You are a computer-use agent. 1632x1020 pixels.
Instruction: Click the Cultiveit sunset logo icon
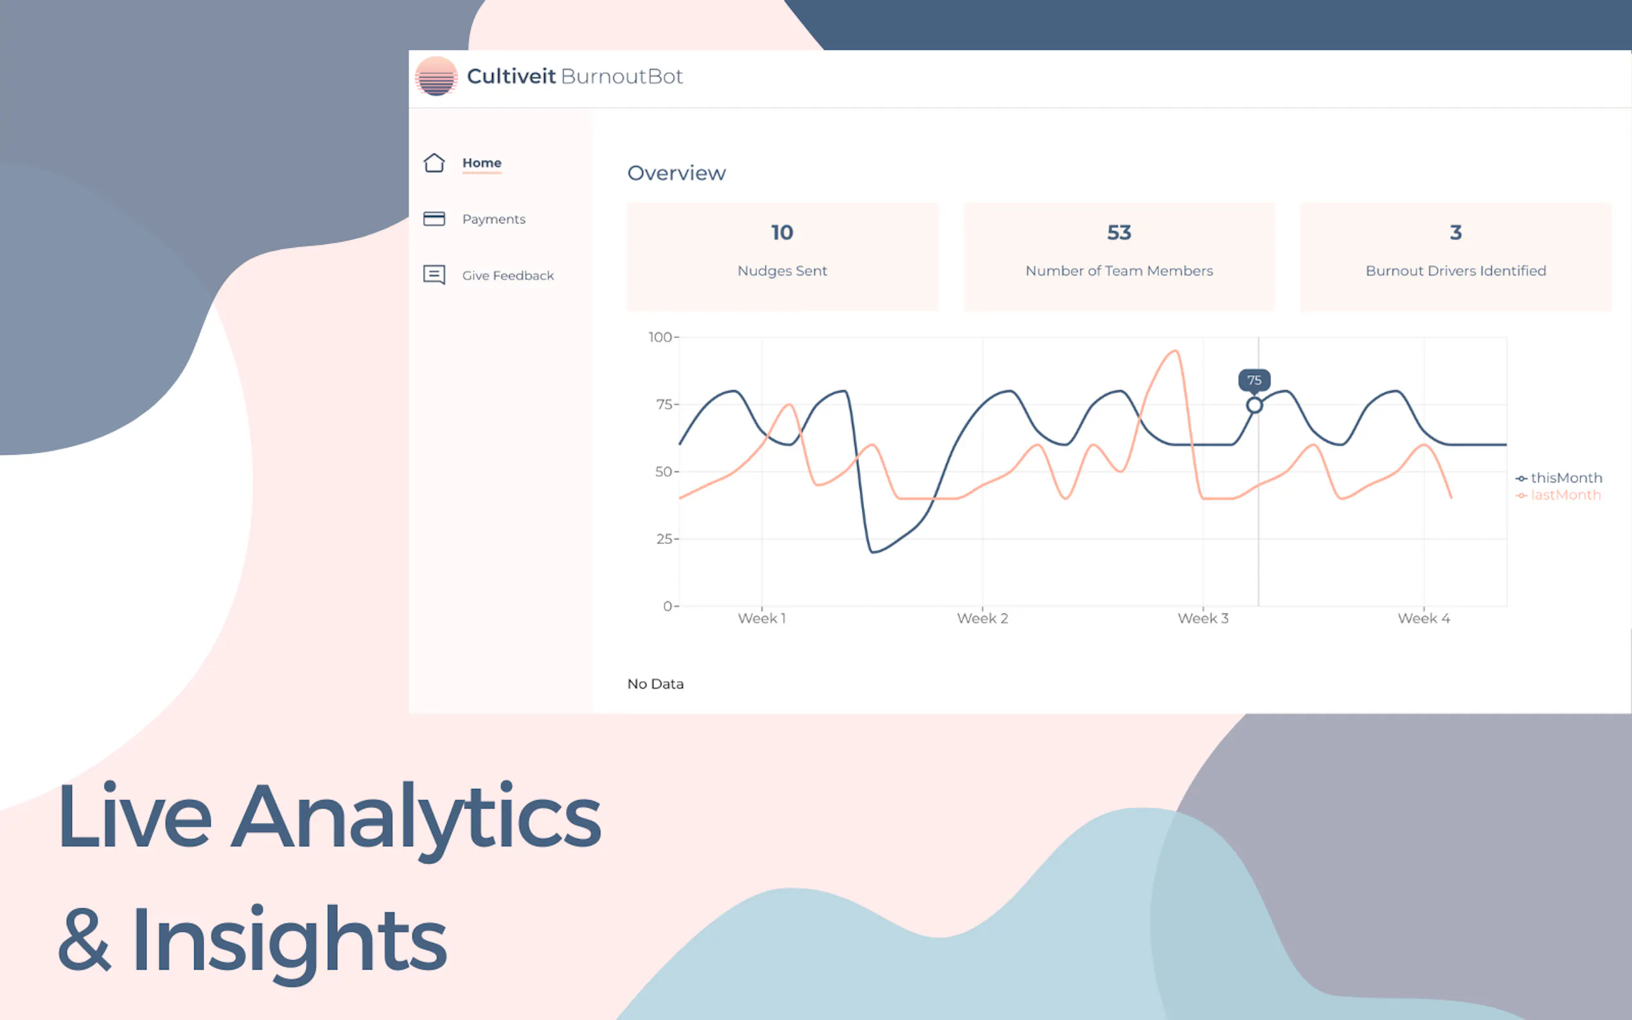click(x=436, y=76)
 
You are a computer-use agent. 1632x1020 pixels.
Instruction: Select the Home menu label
click(x=482, y=163)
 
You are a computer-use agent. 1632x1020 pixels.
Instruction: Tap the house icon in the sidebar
click(x=434, y=163)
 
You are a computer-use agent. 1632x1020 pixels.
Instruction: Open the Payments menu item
click(x=493, y=219)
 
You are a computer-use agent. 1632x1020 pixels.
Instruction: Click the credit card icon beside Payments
click(x=434, y=218)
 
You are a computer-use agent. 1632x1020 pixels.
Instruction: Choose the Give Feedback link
click(x=508, y=276)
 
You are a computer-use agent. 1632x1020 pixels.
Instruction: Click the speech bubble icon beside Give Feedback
click(x=434, y=274)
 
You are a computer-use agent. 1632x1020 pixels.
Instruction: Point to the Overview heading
click(x=677, y=173)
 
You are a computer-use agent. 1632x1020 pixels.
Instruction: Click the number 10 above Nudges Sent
click(x=782, y=232)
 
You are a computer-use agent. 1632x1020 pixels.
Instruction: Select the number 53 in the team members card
click(x=1119, y=232)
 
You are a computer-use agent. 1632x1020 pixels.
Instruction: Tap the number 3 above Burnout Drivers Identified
click(x=1456, y=232)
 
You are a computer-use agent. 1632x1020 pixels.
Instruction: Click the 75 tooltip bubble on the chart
click(x=1254, y=380)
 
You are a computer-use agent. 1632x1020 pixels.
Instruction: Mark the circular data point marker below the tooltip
click(x=1254, y=405)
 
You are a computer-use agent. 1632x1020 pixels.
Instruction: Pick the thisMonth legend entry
click(x=1559, y=478)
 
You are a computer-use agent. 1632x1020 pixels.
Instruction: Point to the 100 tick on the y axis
click(x=660, y=337)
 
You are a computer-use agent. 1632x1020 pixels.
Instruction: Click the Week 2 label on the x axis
click(x=982, y=618)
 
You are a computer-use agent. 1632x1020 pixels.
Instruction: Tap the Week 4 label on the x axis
click(x=1424, y=618)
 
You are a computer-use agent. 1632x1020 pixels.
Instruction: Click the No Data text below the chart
click(x=655, y=683)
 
